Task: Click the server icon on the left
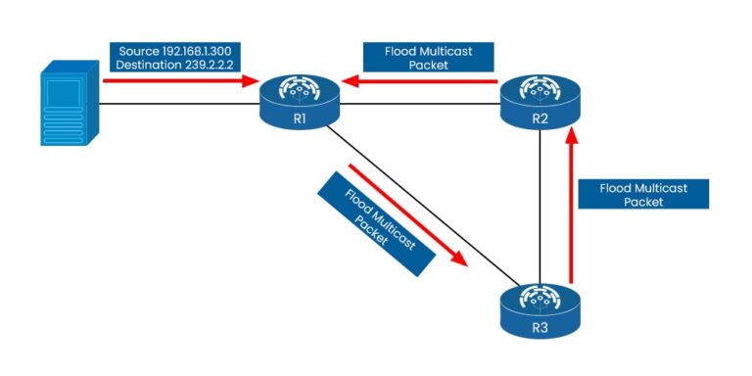[x=70, y=103]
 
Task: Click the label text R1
[x=300, y=117]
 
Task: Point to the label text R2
[x=540, y=119]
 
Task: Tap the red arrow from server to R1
[x=176, y=81]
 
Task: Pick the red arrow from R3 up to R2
[x=572, y=211]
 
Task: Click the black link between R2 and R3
[x=540, y=206]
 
